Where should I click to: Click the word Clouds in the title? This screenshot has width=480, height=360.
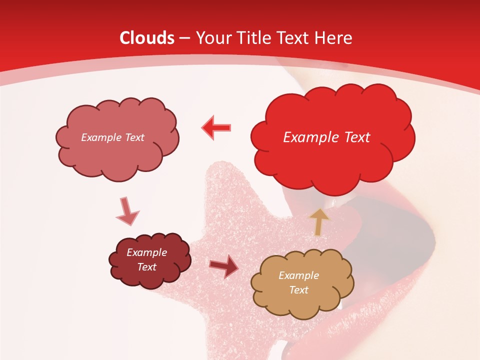pyautogui.click(x=147, y=38)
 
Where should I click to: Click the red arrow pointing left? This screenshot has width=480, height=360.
pyautogui.click(x=216, y=127)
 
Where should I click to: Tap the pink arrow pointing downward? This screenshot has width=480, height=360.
pyautogui.click(x=127, y=210)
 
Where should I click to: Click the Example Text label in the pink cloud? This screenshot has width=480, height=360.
pyautogui.click(x=112, y=137)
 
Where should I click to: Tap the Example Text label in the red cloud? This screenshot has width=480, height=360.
pyautogui.click(x=326, y=137)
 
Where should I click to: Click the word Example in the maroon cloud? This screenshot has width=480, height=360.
pyautogui.click(x=146, y=252)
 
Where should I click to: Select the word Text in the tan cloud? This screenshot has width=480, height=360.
pyautogui.click(x=298, y=290)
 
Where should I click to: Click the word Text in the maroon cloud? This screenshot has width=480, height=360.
pyautogui.click(x=146, y=267)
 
